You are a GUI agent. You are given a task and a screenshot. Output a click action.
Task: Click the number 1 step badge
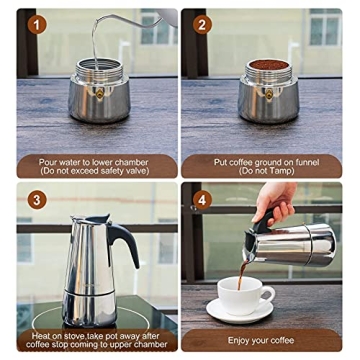[39, 25]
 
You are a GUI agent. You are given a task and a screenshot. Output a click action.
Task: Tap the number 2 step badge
[205, 25]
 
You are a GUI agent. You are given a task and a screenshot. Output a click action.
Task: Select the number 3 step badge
[39, 200]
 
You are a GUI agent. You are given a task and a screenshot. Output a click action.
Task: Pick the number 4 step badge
[205, 200]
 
